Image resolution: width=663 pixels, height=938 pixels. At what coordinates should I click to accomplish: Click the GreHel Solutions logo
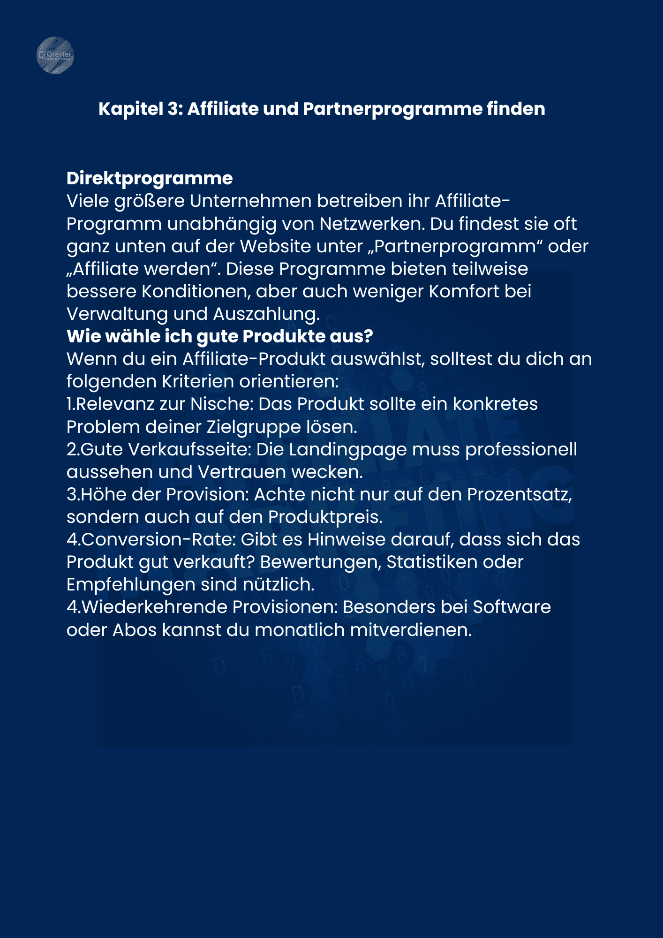tap(55, 55)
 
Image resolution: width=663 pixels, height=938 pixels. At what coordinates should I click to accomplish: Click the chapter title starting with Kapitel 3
tap(322, 109)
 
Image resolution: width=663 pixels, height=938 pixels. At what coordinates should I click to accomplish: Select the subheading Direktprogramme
tap(150, 178)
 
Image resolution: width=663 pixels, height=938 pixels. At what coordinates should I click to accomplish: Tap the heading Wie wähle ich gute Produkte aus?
tap(219, 336)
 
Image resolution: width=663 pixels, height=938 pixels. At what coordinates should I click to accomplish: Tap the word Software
tap(512, 607)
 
